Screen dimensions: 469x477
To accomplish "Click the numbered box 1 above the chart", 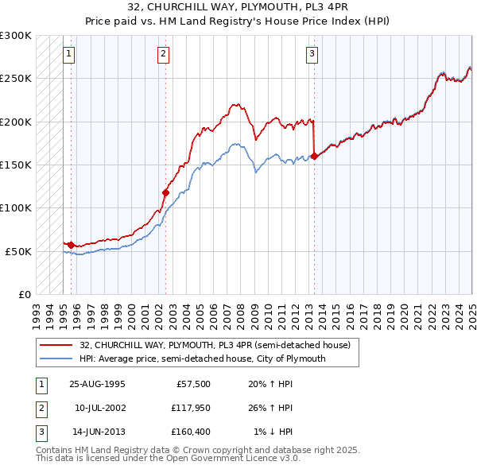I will click(69, 54).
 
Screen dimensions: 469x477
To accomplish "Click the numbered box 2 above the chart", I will click(163, 54).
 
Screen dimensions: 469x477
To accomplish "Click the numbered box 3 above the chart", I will click(312, 54).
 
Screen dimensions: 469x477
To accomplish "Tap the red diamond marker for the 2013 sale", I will click(314, 156).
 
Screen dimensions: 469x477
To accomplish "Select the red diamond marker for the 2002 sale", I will click(166, 192).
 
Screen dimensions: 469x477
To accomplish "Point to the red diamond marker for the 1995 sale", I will click(72, 244).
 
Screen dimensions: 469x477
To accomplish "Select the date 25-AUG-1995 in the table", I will click(97, 383).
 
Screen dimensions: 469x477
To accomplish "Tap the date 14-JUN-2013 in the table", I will click(97, 432).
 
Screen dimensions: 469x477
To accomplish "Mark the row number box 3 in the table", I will click(41, 432).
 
